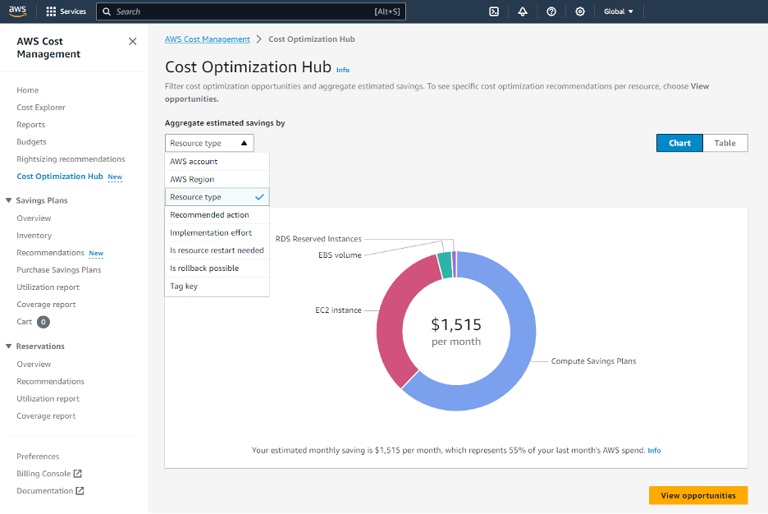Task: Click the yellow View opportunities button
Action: click(x=697, y=495)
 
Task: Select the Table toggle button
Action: click(x=725, y=143)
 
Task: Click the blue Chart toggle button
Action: click(x=679, y=143)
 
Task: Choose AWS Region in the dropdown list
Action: click(x=192, y=179)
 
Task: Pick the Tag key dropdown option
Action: click(x=184, y=287)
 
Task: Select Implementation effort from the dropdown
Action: click(x=211, y=232)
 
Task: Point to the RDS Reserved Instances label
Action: click(x=318, y=239)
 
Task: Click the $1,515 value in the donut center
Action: click(x=456, y=324)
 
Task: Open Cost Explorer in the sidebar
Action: click(x=41, y=108)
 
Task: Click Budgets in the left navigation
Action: click(x=32, y=142)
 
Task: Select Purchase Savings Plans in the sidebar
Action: click(x=59, y=270)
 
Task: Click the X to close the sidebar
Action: click(x=133, y=41)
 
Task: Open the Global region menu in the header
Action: click(x=619, y=11)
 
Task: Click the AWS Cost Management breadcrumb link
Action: click(x=208, y=39)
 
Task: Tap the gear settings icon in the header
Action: click(x=580, y=11)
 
